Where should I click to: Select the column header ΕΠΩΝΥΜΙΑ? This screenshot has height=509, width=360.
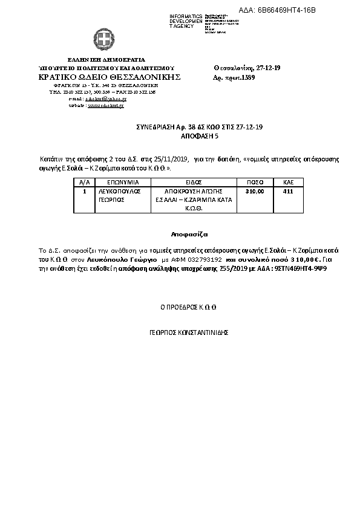(123, 181)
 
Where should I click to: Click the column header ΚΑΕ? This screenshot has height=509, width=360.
(289, 181)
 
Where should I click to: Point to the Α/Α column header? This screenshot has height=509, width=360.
(85, 181)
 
